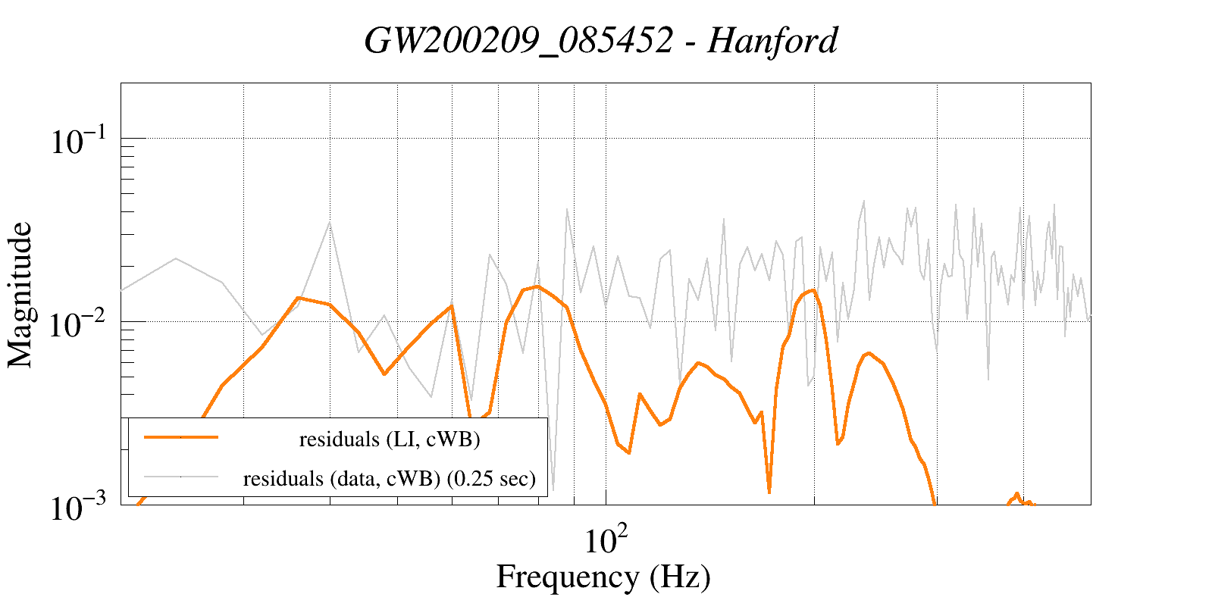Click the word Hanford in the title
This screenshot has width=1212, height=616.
pos(772,40)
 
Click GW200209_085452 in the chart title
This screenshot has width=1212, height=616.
pos(518,40)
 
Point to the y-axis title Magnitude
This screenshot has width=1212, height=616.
pos(20,295)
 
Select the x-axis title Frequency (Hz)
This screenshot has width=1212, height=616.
pos(603,577)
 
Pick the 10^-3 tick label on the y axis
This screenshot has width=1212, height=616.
pos(80,508)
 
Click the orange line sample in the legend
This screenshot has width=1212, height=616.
pos(181,437)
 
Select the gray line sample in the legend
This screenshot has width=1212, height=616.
pos(181,477)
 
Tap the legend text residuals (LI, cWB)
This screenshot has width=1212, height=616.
pos(390,439)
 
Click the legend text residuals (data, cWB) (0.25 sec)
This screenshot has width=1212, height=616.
pos(390,478)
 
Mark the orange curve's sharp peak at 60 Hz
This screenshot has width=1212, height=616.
pos(452,306)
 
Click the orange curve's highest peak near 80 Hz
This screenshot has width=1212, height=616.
pos(537,286)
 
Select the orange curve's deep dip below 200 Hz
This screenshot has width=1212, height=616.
pos(769,492)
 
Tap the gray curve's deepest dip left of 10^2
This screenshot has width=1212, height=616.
pos(553,489)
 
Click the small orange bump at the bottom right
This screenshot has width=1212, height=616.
pos(1016,495)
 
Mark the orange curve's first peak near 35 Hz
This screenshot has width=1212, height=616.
pos(299,298)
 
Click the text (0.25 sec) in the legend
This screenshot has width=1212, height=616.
pos(491,478)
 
